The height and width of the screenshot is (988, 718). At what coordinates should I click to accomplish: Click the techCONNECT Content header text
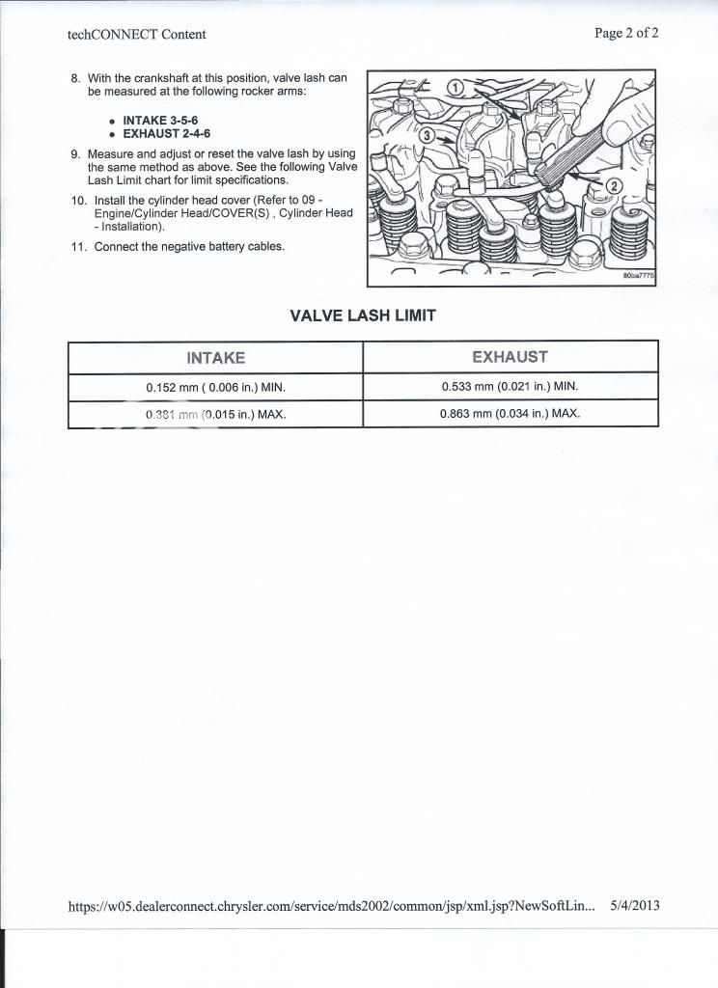(136, 35)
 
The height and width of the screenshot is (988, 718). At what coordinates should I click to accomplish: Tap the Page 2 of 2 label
(626, 33)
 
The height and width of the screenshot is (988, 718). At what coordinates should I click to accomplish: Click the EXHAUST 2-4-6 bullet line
(166, 134)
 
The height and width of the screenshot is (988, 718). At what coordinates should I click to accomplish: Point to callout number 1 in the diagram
(455, 88)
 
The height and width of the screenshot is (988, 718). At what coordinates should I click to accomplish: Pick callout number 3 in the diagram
(427, 136)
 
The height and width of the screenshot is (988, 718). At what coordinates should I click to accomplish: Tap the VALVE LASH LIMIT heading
(363, 316)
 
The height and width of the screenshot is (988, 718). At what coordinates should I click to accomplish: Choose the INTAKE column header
(215, 358)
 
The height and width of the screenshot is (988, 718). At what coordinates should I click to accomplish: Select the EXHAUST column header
(510, 357)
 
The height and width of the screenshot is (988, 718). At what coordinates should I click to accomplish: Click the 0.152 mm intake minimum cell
(215, 388)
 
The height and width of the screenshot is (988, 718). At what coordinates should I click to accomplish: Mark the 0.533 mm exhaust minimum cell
(510, 387)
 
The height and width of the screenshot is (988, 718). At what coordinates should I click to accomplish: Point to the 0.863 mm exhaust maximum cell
(510, 414)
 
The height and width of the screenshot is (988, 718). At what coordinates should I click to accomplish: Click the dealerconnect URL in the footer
(331, 907)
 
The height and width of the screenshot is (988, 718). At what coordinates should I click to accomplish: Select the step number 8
(75, 78)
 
